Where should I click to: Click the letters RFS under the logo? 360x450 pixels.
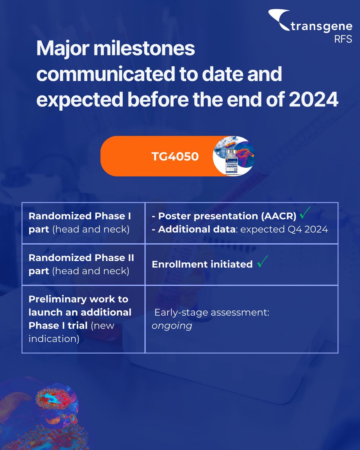click(x=343, y=39)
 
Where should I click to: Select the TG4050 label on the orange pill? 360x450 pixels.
click(x=175, y=156)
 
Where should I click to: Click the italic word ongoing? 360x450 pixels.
click(x=172, y=325)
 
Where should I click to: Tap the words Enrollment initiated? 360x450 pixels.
click(x=202, y=264)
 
